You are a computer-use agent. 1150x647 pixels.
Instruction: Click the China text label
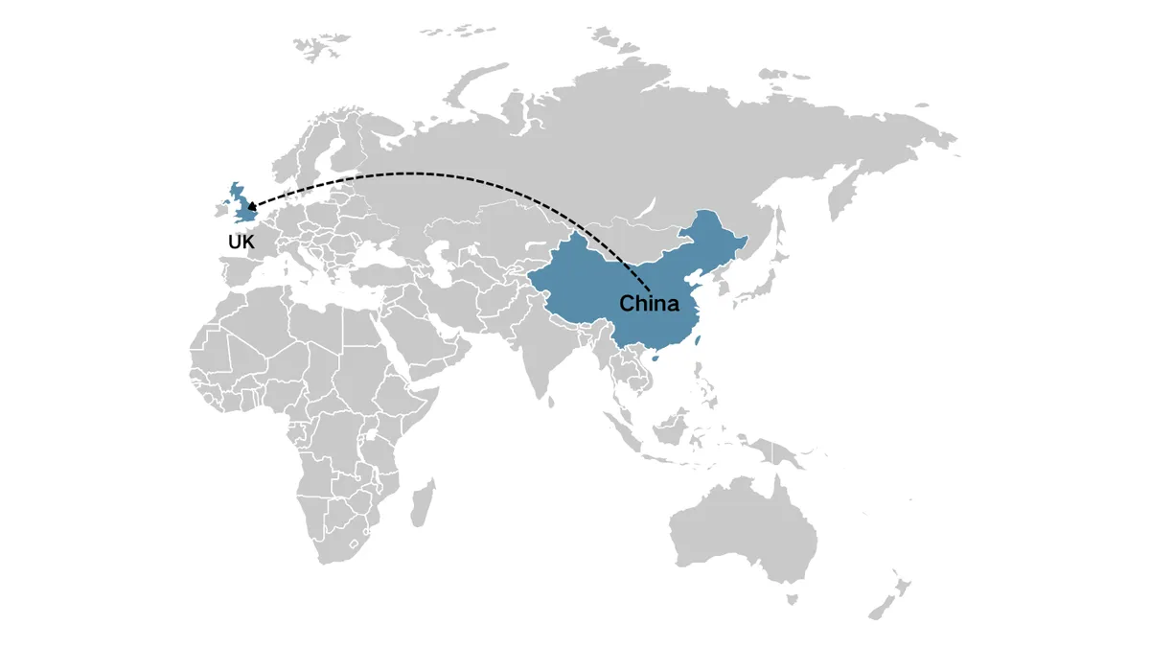tap(649, 305)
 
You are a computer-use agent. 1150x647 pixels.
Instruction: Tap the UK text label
tap(241, 243)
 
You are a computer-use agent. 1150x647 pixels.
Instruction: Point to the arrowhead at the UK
tap(250, 203)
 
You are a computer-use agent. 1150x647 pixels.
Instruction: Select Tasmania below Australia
tap(793, 599)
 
